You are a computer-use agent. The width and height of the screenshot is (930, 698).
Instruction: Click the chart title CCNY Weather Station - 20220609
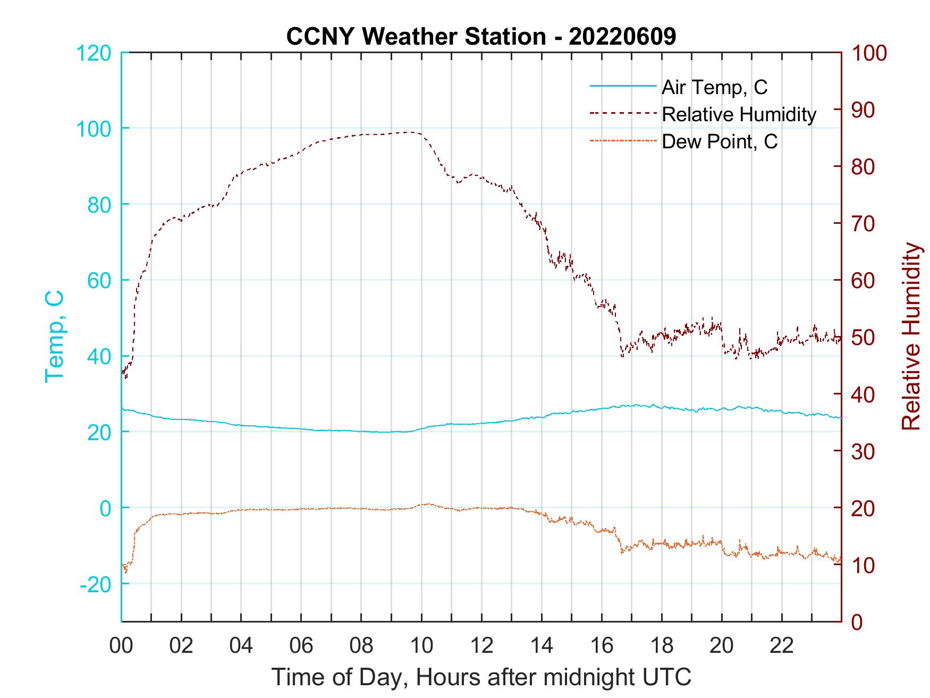click(481, 37)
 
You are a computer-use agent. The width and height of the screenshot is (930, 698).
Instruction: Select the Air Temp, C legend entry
click(714, 87)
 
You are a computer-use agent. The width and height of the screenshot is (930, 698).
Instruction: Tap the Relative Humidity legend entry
click(739, 114)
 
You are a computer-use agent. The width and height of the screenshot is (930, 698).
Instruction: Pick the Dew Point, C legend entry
click(720, 141)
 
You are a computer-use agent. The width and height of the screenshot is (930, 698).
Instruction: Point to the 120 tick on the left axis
click(94, 53)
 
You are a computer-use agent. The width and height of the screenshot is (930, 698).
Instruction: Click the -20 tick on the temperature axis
click(96, 584)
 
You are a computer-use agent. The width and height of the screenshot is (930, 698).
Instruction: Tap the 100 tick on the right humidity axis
click(869, 53)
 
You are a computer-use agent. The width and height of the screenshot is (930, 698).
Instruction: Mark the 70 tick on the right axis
click(864, 224)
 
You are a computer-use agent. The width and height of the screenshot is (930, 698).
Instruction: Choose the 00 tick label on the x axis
click(121, 646)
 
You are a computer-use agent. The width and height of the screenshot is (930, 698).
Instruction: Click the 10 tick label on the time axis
click(421, 646)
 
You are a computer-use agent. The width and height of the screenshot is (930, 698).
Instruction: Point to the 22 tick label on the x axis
click(782, 646)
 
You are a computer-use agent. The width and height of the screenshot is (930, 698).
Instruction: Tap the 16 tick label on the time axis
click(602, 646)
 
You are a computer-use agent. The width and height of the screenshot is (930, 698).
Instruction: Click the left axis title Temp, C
click(55, 337)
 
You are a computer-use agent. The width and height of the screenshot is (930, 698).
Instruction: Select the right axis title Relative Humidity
click(911, 337)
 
